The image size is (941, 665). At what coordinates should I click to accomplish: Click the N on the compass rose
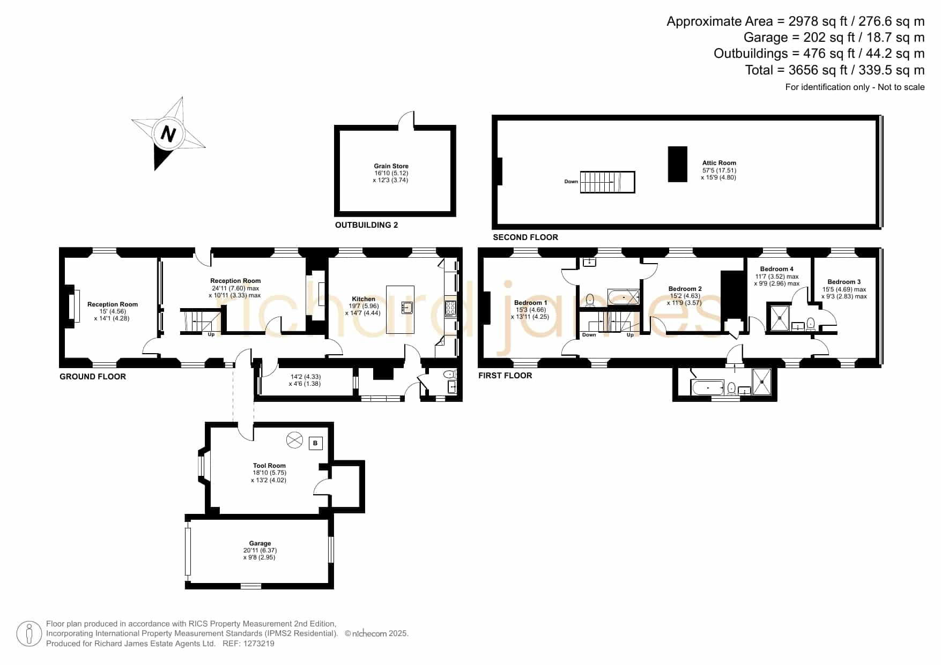click(168, 133)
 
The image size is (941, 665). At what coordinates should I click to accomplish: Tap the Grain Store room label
click(391, 166)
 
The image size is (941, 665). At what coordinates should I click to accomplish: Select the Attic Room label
click(719, 163)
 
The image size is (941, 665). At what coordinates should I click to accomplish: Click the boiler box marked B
click(316, 443)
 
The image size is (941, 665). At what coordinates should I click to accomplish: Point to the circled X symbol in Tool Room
click(294, 440)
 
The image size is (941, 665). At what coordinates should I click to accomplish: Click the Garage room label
click(260, 543)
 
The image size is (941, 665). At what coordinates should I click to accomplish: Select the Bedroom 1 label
click(530, 303)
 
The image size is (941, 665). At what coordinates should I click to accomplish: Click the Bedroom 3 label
click(844, 282)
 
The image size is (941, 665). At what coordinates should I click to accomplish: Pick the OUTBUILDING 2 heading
click(367, 225)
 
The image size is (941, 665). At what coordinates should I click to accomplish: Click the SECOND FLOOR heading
click(525, 237)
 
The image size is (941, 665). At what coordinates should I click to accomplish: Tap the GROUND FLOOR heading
click(93, 377)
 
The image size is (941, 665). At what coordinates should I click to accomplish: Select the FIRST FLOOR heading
click(505, 376)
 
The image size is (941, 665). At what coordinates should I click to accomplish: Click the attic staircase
click(607, 182)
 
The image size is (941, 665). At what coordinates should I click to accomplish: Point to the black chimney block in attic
click(678, 164)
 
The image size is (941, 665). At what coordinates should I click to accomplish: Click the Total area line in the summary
click(835, 70)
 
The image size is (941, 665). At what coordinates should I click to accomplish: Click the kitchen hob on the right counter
click(450, 308)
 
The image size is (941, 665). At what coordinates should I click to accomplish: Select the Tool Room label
click(269, 466)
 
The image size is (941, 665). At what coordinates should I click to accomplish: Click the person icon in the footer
click(29, 634)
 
